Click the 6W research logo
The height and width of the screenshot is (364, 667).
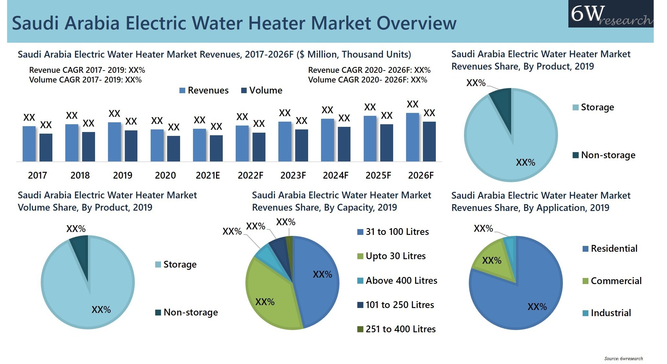point(610,14)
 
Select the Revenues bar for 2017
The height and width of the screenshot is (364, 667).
point(29,144)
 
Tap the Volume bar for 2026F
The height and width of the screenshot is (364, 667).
point(429,141)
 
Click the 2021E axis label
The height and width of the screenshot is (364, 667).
point(208,175)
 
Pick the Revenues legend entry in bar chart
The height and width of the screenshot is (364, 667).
point(204,91)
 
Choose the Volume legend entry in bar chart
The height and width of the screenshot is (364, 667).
point(262,91)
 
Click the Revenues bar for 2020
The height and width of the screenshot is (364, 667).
point(157,145)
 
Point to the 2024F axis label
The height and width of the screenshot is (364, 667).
point(336,175)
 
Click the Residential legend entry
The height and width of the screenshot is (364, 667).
point(610,248)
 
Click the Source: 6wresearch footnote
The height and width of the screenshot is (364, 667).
point(623,358)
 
